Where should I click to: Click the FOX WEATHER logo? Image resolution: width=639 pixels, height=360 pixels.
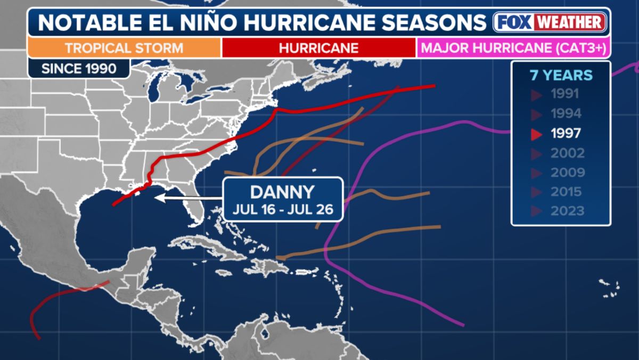point(550,22)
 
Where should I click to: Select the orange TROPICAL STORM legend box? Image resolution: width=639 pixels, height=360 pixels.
point(124,48)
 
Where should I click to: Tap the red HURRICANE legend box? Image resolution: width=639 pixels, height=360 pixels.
point(318,48)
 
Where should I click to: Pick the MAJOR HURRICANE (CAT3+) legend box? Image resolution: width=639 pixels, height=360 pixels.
point(513,48)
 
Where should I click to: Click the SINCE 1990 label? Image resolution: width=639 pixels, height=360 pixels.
point(78,68)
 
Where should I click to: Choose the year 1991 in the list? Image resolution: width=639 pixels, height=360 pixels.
point(565,95)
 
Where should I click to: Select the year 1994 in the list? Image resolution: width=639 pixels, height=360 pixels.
point(566,114)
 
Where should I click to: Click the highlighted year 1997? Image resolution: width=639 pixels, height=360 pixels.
point(566,134)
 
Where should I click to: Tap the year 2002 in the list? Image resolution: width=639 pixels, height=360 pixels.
point(567,153)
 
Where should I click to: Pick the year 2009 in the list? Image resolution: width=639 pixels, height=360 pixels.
point(567,173)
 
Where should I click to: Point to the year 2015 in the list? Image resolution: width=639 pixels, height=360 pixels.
point(567,192)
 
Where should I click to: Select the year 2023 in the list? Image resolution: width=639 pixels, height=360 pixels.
point(567,211)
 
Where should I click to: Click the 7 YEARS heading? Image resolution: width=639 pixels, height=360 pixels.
point(561,75)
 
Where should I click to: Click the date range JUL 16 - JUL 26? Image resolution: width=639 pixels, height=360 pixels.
point(282,209)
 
